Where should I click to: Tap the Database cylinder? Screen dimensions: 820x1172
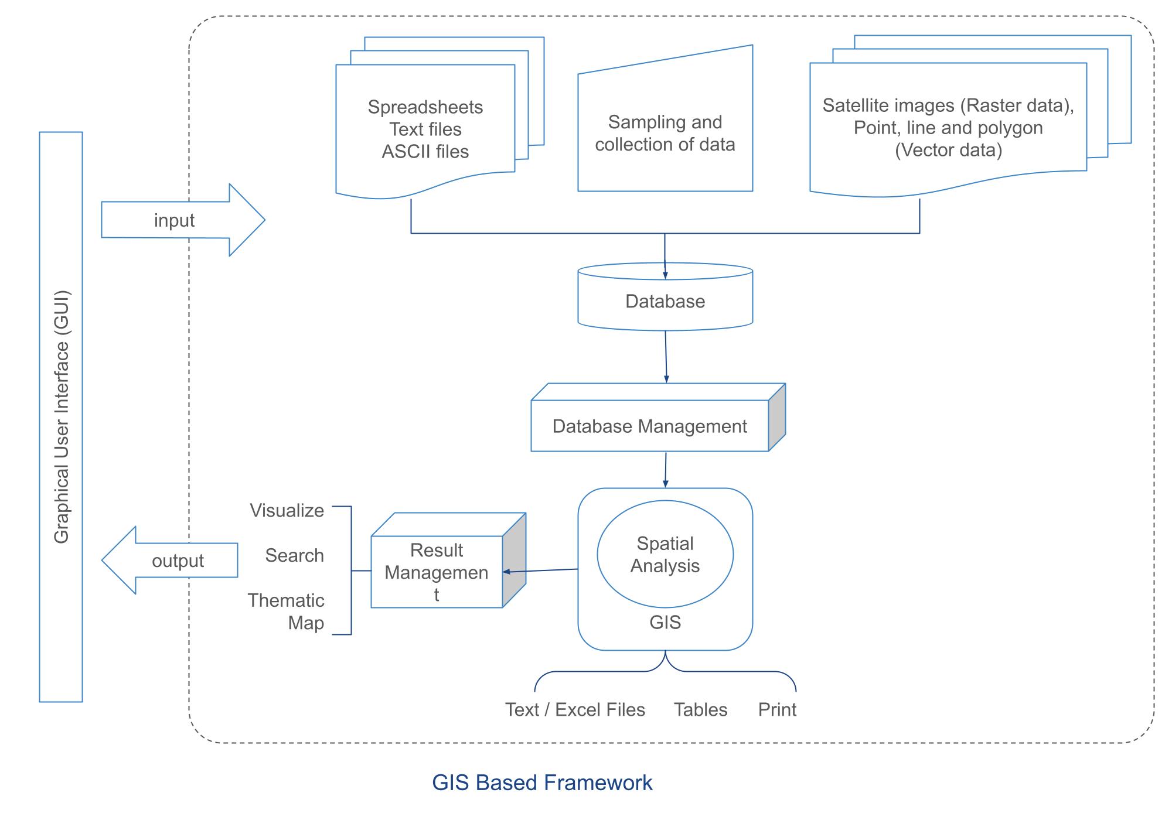tap(665, 301)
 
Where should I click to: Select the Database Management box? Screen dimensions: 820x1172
tap(649, 426)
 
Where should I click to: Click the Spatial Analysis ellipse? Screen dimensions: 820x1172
tap(665, 554)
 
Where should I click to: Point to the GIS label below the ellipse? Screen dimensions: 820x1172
tap(665, 622)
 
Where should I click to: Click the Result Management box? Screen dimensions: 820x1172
tap(437, 572)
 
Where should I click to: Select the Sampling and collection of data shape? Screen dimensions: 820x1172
tap(665, 134)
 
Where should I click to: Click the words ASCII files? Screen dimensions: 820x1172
tap(425, 152)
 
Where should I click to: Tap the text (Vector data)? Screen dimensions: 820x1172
tap(948, 151)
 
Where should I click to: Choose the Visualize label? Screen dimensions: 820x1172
tap(287, 511)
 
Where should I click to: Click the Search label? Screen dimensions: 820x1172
tap(294, 555)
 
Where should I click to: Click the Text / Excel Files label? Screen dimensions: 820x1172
tap(575, 710)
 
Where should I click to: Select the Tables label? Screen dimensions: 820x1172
tap(700, 710)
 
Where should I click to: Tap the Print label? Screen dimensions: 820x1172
tap(777, 710)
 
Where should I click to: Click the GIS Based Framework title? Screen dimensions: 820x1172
tap(542, 783)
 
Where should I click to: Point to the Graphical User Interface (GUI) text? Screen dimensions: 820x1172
tap(62, 417)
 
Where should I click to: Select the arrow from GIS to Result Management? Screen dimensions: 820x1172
tap(540, 570)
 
